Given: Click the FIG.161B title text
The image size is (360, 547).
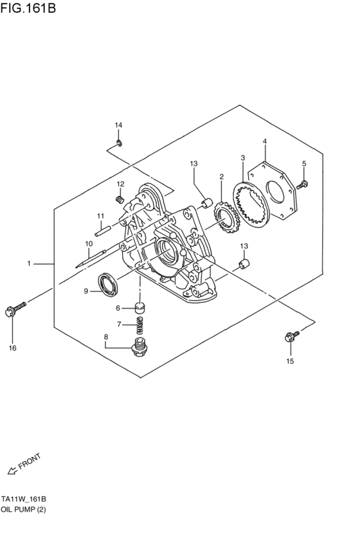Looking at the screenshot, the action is (28, 7).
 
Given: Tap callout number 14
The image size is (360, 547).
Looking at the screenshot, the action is (118, 125).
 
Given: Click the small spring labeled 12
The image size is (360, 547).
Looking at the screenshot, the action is (120, 199).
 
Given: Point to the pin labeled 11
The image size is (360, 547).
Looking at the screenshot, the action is (103, 231).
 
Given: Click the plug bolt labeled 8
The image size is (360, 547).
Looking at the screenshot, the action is (139, 346).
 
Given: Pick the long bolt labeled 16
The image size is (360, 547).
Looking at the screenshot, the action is (16, 309).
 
